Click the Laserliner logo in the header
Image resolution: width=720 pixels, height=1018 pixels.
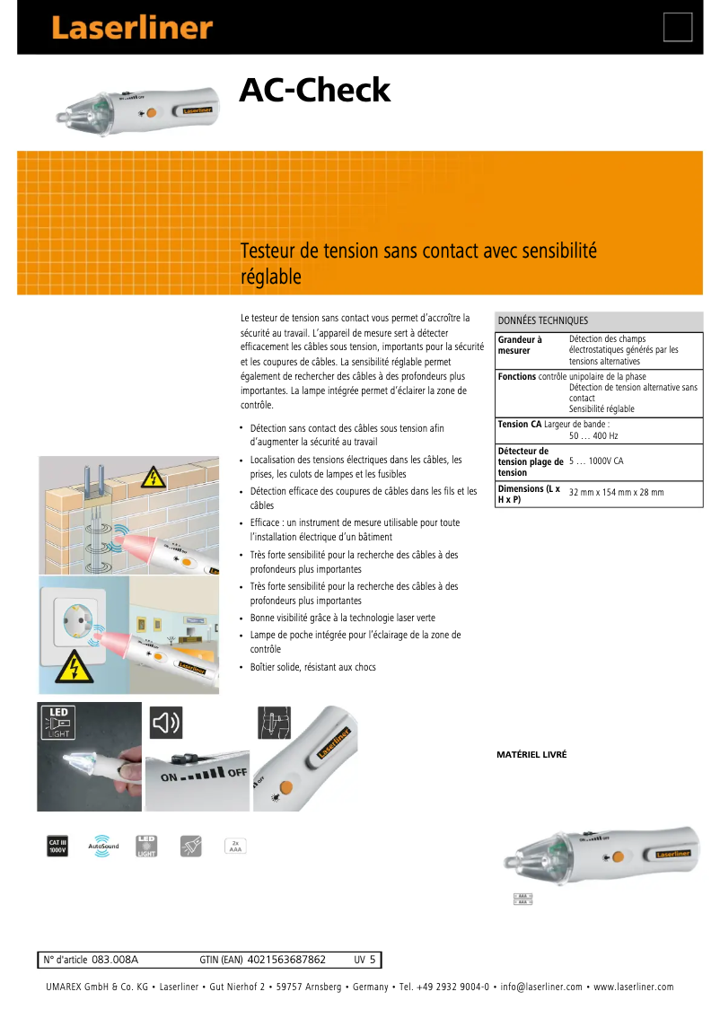[131, 28]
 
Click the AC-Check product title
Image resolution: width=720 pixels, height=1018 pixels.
[314, 91]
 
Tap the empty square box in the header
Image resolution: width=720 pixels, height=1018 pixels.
[678, 27]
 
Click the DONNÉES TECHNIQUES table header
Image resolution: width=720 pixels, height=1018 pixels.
[543, 320]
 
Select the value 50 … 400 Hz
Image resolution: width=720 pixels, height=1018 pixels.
[593, 435]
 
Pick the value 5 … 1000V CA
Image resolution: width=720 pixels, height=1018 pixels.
[596, 461]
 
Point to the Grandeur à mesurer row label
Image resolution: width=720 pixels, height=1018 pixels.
[521, 346]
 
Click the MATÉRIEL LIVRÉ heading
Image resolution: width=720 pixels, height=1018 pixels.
[531, 755]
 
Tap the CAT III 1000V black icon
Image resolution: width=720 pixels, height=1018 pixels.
[57, 846]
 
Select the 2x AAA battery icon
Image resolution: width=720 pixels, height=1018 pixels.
[235, 846]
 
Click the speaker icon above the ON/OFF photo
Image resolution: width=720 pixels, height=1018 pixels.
[165, 721]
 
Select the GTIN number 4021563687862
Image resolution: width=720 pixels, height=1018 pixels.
[285, 960]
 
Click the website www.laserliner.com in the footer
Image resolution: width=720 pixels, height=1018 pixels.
[633, 987]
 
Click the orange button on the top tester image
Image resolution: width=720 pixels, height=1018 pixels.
[151, 113]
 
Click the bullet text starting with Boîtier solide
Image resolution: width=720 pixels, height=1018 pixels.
[312, 667]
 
